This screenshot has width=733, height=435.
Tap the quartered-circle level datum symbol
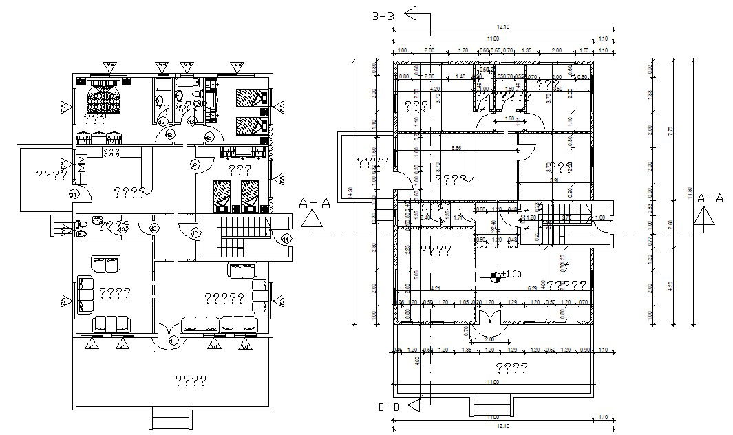(x=495, y=277)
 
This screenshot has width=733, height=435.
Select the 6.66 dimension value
(x=456, y=148)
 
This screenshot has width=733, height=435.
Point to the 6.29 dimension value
(x=531, y=288)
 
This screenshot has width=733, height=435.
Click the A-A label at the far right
(x=709, y=198)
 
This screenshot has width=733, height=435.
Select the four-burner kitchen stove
(x=111, y=151)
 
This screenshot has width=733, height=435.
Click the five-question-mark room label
(x=224, y=297)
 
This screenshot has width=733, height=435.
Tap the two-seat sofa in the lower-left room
(x=106, y=265)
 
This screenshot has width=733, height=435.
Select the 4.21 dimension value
(x=435, y=288)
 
